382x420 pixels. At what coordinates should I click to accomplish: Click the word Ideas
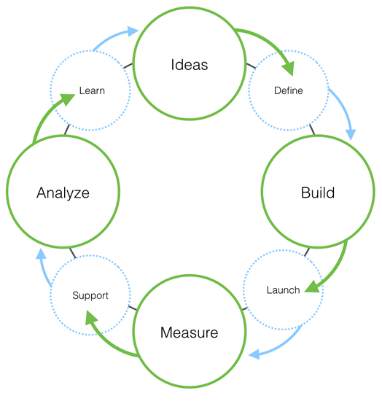point(190,65)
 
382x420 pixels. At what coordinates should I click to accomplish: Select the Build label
point(318,192)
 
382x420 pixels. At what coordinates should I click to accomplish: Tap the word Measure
point(189,332)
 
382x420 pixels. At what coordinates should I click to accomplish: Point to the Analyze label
point(63,193)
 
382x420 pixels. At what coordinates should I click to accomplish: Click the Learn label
point(92,91)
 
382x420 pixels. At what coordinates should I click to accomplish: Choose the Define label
point(289,90)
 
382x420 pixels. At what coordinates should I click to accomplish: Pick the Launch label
point(283,290)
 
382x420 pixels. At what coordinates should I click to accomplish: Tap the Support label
point(90,296)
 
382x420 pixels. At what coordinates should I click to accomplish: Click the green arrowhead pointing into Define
point(289,68)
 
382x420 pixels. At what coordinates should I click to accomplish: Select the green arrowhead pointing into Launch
point(312,287)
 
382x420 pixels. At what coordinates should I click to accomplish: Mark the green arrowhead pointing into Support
point(91,317)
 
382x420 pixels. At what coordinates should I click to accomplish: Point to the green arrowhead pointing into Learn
point(68,99)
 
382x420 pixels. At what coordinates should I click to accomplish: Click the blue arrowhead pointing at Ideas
point(133,31)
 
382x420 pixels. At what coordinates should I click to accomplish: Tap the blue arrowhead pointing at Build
point(351,134)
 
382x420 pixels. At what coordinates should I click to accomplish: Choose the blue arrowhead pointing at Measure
point(254,354)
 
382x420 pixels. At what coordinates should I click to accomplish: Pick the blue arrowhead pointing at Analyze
point(41,254)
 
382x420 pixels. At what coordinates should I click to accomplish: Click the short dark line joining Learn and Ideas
point(128,66)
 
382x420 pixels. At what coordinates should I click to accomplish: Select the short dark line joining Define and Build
point(312,129)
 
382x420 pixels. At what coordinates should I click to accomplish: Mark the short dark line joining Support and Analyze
point(73,254)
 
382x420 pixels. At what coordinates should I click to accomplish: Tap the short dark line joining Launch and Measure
point(245,309)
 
